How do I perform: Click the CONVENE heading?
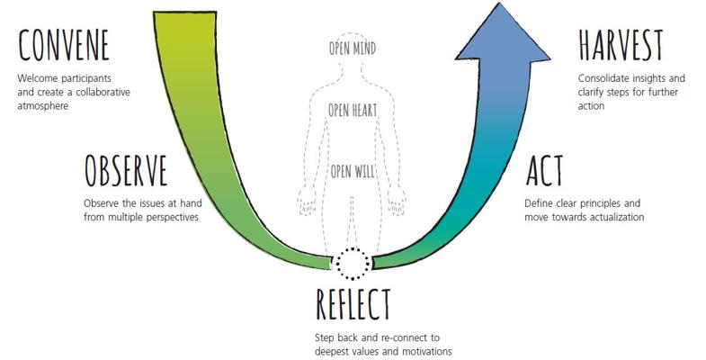tap(64, 45)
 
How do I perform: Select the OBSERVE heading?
tap(126, 171)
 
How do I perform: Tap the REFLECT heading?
tap(353, 304)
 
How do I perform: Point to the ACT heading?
tap(545, 171)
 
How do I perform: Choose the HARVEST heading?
tap(621, 45)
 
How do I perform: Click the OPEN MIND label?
tap(353, 49)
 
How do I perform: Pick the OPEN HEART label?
tap(353, 110)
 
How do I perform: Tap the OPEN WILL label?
tap(353, 171)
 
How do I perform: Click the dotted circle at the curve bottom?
tap(353, 264)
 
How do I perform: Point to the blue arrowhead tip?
tap(499, 4)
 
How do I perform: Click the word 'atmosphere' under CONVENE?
tap(43, 106)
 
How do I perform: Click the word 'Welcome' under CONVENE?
tap(38, 78)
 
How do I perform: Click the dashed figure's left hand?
tap(307, 202)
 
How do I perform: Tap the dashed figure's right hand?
tap(397, 202)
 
